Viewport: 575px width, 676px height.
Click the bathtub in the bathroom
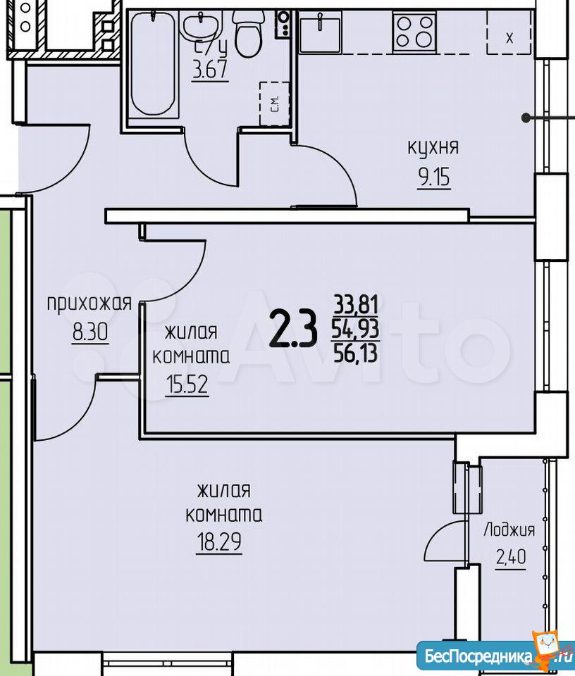coord(154,64)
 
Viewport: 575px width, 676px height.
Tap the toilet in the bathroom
coord(247,35)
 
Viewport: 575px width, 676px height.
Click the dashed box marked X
coord(509,32)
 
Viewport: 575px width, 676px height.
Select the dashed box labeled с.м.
coord(274,104)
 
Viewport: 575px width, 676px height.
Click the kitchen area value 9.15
coord(433,177)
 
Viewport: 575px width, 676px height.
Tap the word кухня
coord(433,148)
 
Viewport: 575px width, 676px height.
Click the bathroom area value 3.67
coord(210,69)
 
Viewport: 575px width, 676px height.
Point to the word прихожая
coord(89,303)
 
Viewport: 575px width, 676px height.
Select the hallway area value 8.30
coord(90,333)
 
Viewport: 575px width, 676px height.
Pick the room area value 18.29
coord(219,542)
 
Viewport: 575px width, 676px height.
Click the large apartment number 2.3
coord(293,330)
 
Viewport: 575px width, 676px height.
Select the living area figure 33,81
coord(357,305)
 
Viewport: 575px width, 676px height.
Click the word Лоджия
coord(509,530)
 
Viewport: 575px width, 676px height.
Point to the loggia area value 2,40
coord(511,558)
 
